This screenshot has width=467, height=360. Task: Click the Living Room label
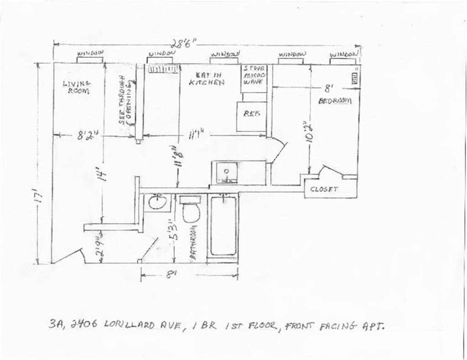[x=77, y=87]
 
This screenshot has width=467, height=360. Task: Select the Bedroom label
[x=335, y=101]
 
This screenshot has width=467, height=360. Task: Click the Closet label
[x=324, y=189]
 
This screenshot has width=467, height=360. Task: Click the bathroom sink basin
[x=158, y=202]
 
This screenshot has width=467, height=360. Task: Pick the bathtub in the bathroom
[x=223, y=226]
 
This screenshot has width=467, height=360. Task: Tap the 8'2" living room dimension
[x=88, y=135]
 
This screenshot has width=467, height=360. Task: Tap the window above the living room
[x=91, y=59]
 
